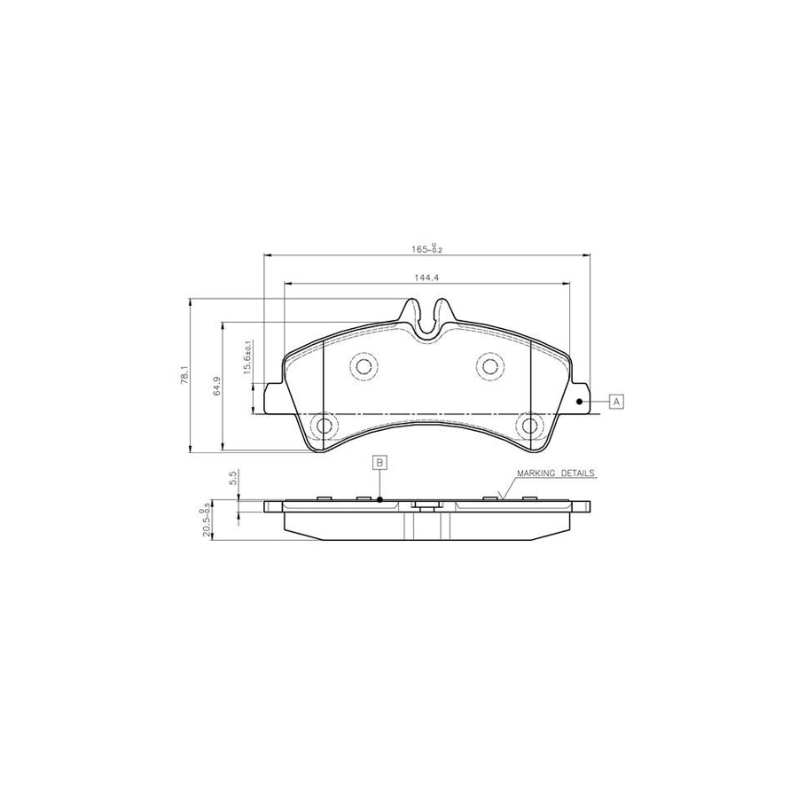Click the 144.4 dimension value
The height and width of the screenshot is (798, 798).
point(427,278)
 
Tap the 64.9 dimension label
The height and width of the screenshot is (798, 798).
point(216,387)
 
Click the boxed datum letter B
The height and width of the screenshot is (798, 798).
point(379,462)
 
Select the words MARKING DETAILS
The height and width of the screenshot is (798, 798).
point(557,473)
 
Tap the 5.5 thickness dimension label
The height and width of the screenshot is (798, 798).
point(232,480)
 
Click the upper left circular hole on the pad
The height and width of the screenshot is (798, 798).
point(362,365)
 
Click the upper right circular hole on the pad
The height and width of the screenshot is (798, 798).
point(489,365)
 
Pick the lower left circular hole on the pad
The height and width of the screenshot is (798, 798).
point(324,426)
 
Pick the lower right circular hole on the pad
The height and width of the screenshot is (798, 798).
point(530,426)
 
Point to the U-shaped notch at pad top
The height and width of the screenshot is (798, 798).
point(427,324)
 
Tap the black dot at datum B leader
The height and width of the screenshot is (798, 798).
point(379,500)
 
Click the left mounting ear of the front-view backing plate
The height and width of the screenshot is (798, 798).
point(271,393)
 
